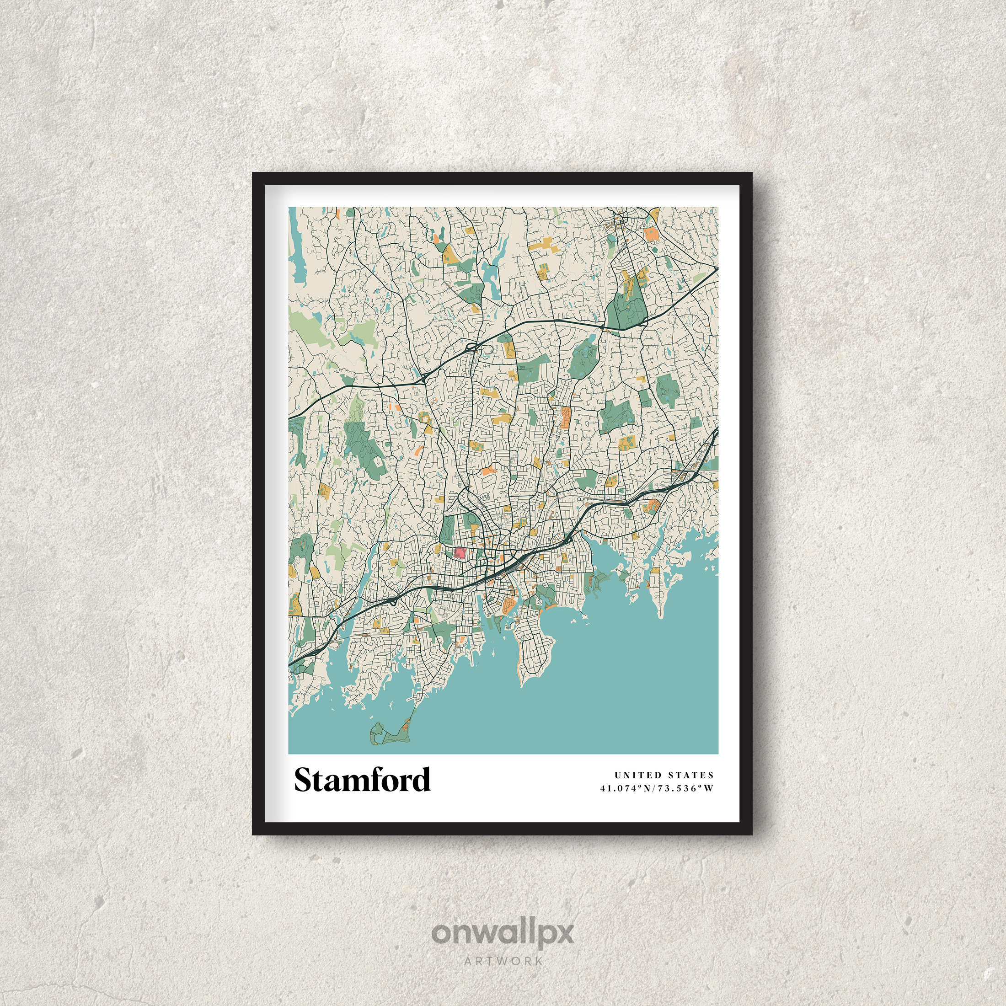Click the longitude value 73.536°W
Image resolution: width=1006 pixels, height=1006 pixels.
click(685, 788)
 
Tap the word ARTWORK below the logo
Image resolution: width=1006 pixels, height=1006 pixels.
click(503, 961)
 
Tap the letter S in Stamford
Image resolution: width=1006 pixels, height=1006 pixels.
click(304, 780)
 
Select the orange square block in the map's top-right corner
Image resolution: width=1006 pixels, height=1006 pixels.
click(651, 233)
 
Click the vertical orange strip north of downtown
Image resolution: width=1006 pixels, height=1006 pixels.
click(565, 417)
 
